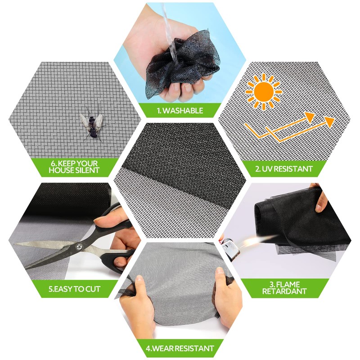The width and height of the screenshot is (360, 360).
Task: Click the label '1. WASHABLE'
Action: [180, 110]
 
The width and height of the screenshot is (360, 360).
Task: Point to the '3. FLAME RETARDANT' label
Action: [284, 288]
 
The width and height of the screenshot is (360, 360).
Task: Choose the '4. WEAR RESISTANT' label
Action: [180, 348]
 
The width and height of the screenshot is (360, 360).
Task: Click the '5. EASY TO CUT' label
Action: [75, 288]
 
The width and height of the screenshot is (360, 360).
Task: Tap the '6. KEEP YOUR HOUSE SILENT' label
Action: [75, 167]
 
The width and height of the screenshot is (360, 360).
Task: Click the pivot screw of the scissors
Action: [79, 247]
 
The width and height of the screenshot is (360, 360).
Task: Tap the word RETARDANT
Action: [284, 291]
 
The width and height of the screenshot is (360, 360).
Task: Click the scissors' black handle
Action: [118, 261]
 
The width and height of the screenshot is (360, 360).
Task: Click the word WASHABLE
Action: [185, 110]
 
